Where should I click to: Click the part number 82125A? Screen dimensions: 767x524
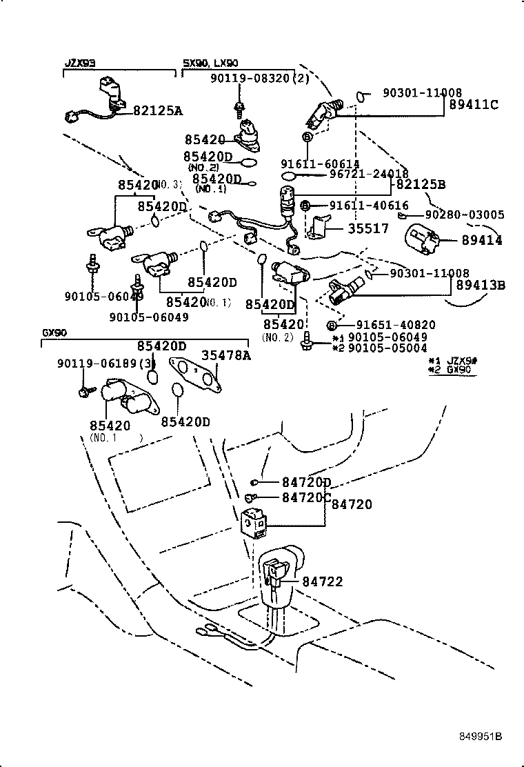(159, 110)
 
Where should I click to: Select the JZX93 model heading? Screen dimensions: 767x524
(80, 63)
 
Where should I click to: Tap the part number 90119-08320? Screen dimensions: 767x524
(250, 79)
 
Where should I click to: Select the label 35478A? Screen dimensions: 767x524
(226, 356)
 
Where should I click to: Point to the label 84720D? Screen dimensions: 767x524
(306, 482)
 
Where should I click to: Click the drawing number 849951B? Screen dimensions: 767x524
(481, 736)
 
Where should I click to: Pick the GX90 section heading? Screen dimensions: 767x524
(54, 332)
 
